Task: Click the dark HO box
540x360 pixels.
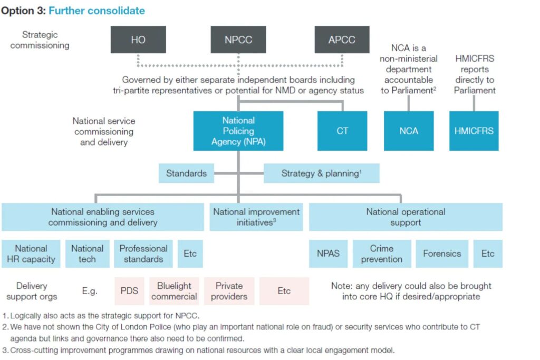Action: pos(138,40)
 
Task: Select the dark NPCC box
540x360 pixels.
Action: pos(238,40)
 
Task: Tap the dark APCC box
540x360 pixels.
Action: pos(342,40)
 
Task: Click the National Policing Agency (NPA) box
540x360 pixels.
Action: pos(238,131)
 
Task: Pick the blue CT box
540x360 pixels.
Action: pos(342,131)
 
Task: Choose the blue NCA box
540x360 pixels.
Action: pos(409,131)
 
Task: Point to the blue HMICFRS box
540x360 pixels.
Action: pos(474,131)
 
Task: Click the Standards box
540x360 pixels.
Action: pos(186,173)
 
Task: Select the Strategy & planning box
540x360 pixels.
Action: pos(321,173)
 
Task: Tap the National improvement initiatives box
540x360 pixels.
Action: pos(256,217)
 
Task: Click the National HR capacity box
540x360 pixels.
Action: pos(31,254)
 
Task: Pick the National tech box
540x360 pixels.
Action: pos(87,254)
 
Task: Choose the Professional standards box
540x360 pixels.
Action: pos(143,254)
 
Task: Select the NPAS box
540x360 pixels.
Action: pos(328,254)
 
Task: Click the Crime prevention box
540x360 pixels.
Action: pos(381,254)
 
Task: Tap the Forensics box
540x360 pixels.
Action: pos(442,254)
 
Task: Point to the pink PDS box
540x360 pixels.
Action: pos(129,291)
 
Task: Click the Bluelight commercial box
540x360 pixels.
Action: pos(174,291)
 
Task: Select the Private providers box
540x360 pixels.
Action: pos(229,291)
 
